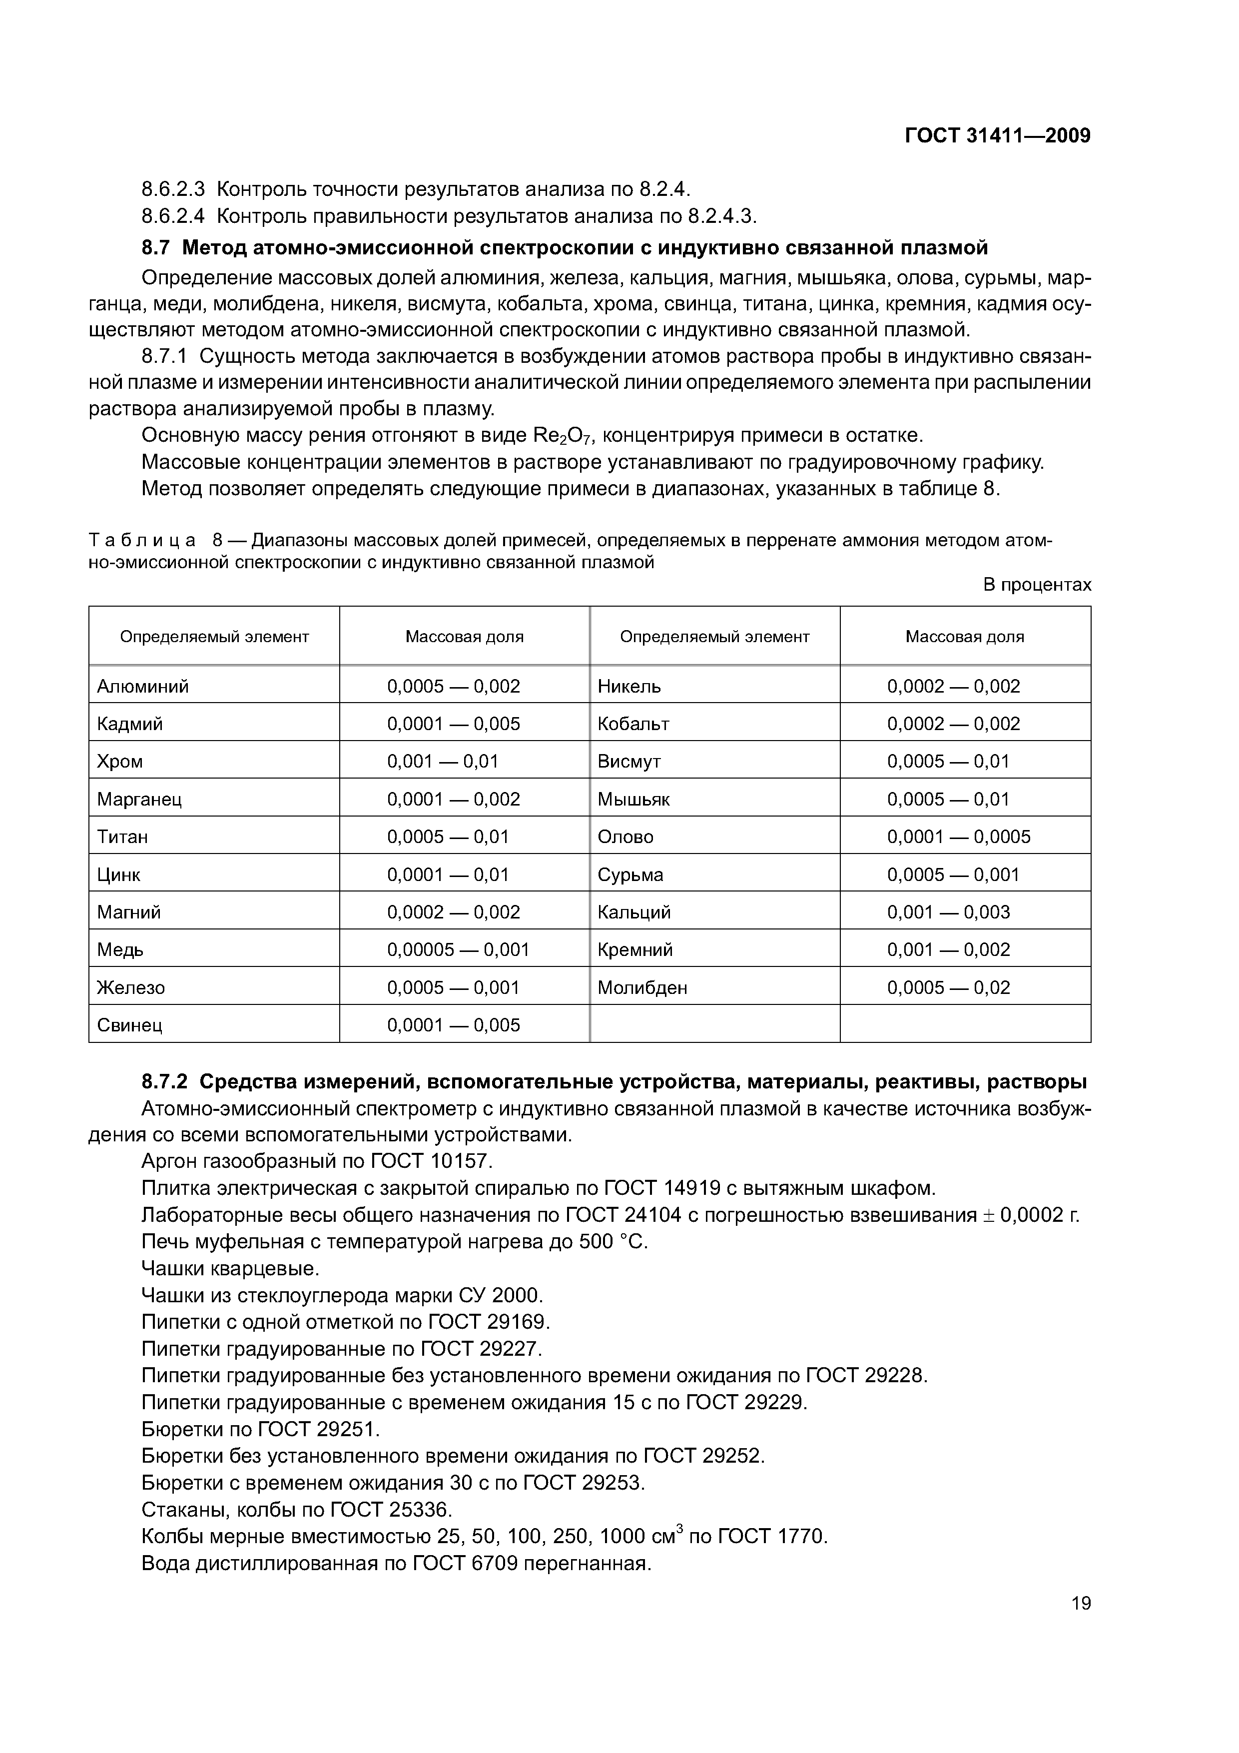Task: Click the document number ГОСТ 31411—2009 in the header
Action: tap(997, 136)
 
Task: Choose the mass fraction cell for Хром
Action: tap(442, 761)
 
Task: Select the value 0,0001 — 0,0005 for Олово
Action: tap(958, 837)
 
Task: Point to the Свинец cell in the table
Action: tap(130, 1025)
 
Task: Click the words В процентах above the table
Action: tap(1037, 585)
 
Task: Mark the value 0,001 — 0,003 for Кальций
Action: tap(948, 912)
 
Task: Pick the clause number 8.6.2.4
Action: tap(173, 217)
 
